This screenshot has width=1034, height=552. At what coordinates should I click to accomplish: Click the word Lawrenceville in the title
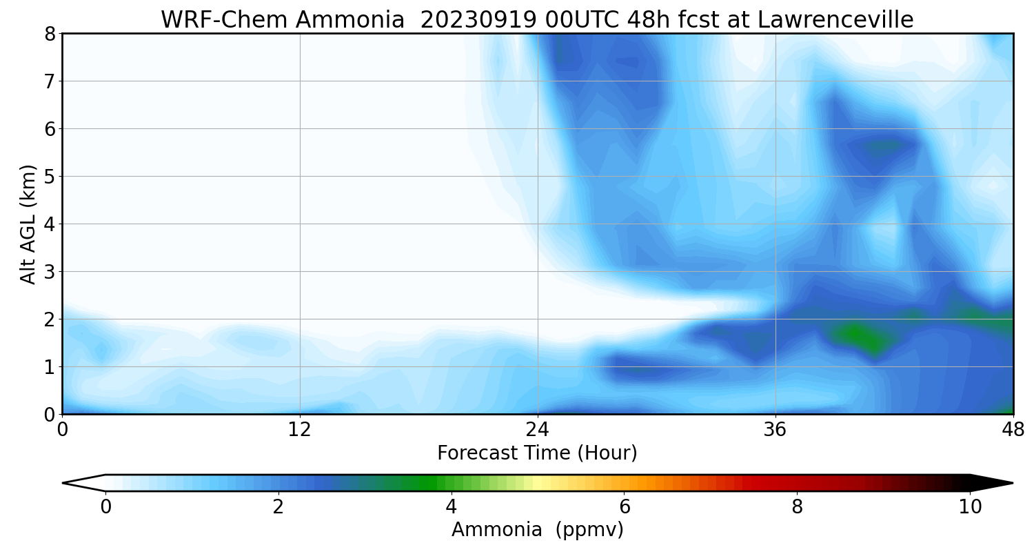(835, 20)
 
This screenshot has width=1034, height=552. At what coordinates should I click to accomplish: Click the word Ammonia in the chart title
(350, 20)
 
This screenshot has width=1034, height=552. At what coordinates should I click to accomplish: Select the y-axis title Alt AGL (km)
(28, 224)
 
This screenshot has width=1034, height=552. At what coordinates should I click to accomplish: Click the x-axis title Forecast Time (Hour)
(537, 453)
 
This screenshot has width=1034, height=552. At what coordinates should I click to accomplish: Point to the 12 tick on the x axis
(300, 430)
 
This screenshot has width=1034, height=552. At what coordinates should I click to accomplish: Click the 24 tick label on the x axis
(537, 430)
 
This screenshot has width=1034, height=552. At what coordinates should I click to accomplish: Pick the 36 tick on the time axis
(775, 430)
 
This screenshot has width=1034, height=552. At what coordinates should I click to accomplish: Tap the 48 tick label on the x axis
(1013, 430)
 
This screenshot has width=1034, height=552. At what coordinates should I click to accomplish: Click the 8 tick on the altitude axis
(50, 34)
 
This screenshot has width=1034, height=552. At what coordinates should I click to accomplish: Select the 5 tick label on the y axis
(50, 177)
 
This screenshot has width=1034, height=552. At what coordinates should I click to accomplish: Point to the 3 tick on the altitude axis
(50, 272)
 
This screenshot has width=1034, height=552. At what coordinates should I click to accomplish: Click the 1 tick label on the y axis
(50, 367)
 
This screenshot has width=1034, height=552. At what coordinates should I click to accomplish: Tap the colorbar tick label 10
(970, 507)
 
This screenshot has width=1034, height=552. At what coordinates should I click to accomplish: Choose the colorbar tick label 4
(451, 507)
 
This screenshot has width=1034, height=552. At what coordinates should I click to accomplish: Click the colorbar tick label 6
(624, 507)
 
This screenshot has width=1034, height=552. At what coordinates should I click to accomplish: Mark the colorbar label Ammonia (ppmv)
(537, 530)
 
